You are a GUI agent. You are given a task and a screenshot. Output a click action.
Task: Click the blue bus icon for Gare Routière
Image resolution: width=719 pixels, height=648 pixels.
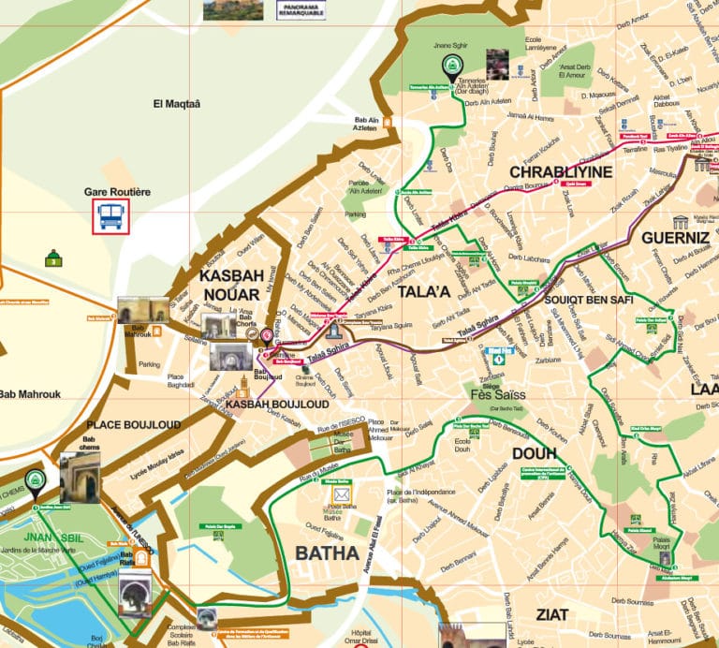(111, 217)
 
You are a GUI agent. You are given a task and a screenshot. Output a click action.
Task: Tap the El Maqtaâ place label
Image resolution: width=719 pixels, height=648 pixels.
(178, 104)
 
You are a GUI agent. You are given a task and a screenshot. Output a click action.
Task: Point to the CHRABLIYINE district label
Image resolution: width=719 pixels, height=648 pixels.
(560, 172)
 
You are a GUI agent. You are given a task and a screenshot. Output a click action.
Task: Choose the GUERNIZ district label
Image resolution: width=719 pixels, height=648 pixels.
(675, 238)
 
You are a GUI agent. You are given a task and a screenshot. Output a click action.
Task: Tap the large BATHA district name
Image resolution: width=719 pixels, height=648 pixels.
(327, 553)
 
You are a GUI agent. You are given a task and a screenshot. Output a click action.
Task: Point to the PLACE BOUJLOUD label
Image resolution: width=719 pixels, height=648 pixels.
(133, 424)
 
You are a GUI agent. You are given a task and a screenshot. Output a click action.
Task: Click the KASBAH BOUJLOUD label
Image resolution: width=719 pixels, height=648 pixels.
(276, 404)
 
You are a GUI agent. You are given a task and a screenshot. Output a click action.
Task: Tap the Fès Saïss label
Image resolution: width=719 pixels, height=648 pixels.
(497, 394)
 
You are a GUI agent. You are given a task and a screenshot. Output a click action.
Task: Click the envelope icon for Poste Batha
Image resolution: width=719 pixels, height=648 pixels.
(341, 494)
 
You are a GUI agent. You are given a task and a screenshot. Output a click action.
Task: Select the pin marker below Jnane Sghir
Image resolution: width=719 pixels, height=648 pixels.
(449, 66)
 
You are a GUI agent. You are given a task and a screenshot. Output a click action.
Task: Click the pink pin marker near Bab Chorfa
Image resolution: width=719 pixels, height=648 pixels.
(267, 336)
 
